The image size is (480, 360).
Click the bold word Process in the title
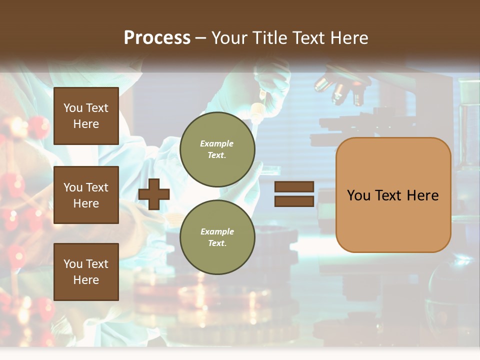[157, 38]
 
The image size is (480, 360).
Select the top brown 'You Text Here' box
[86, 116]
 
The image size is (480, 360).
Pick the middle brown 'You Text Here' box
[86, 195]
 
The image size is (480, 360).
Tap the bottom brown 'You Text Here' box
[86, 272]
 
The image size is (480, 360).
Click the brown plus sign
[154, 194]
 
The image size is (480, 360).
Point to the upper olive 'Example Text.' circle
[217, 149]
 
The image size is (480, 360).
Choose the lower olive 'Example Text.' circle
[217, 237]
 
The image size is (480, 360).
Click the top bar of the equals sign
[294, 187]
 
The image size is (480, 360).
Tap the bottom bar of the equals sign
[294, 201]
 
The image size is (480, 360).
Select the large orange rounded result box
[393, 194]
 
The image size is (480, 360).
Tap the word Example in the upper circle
[217, 143]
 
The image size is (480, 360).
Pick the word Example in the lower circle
[217, 231]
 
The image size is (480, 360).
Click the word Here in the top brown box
[86, 124]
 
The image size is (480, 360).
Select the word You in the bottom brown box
[73, 264]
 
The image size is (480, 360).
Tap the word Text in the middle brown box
[96, 187]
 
